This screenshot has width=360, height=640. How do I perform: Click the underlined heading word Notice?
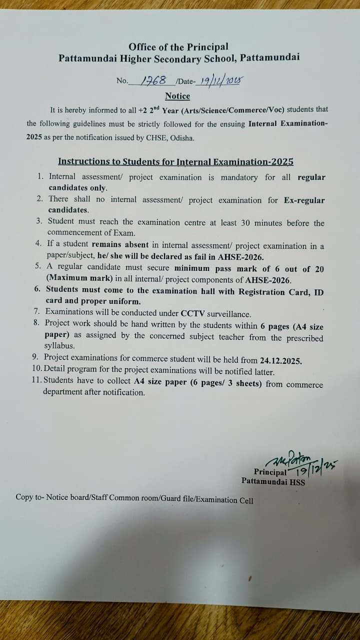tap(177, 96)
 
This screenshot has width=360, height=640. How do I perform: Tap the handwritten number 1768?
tap(154, 80)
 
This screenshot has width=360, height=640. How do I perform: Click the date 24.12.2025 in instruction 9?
tap(281, 360)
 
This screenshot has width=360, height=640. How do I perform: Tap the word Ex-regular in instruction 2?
tap(304, 200)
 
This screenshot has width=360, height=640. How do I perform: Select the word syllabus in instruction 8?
tap(59, 346)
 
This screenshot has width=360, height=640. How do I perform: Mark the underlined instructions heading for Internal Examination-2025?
tap(175, 161)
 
